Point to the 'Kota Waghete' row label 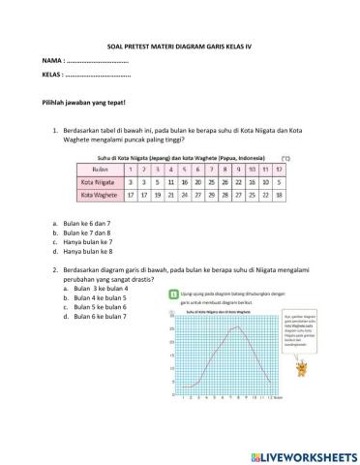(98, 193)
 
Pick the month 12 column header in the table (279, 167)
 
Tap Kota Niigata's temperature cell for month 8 (225, 179)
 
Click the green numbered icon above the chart (171, 293)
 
